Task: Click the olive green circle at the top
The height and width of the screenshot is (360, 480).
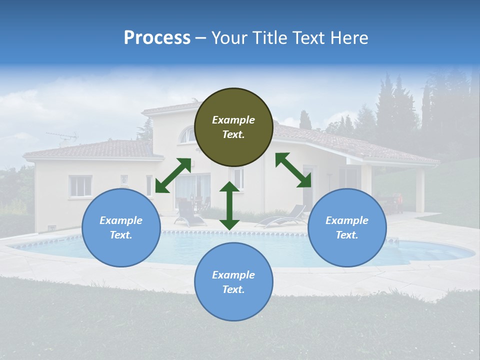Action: click(233, 127)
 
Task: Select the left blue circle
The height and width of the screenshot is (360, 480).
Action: click(121, 227)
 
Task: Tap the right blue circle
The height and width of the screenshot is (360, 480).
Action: click(347, 227)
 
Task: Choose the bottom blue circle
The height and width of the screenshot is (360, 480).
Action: click(233, 282)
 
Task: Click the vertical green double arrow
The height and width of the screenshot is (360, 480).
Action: click(229, 205)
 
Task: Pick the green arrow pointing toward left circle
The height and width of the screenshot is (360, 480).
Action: click(173, 175)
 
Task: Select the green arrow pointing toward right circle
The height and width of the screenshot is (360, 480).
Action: click(293, 170)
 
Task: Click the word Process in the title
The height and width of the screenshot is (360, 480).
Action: click(157, 38)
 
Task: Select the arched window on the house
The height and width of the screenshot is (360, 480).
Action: click(187, 134)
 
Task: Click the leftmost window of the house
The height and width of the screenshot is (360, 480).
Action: click(80, 186)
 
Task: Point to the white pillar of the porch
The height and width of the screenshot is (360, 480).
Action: click(419, 190)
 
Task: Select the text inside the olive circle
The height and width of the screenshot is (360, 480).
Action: click(233, 127)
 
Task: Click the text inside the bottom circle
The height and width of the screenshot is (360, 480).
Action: click(233, 282)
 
